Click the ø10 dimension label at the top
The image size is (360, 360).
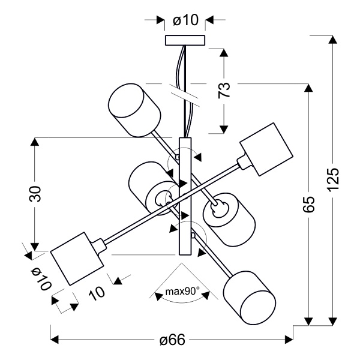pos(185,20)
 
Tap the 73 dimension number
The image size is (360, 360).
pos(223,90)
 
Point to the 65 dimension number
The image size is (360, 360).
pos(308,205)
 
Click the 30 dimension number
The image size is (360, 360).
pos(35,194)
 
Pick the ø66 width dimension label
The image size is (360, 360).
pos(172,340)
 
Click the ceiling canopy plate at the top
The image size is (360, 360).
pos(185,40)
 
